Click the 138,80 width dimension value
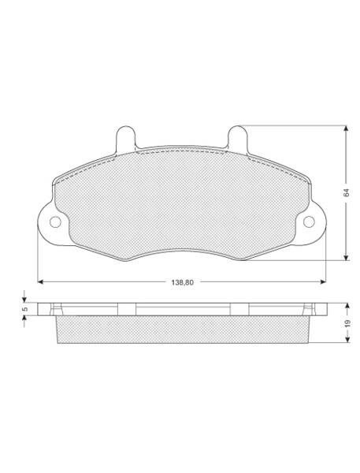(182, 283)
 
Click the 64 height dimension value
(347, 193)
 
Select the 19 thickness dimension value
(347, 323)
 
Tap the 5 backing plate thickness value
(25, 309)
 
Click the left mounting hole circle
(55, 222)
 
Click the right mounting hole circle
(309, 222)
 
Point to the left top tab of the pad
(125, 137)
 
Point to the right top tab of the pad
(238, 137)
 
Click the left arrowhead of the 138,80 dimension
(41, 281)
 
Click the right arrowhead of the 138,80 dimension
(323, 281)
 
